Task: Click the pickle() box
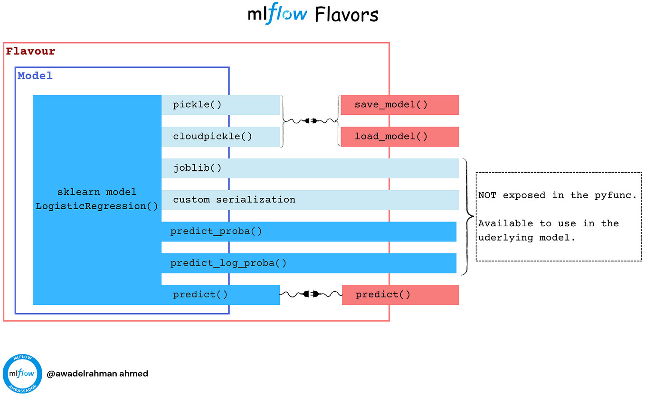[220, 105]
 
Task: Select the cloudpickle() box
[220, 137]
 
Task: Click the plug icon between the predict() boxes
[311, 295]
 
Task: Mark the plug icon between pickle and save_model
[311, 121]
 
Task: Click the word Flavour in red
[30, 51]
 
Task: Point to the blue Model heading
[35, 76]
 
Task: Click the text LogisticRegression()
[97, 206]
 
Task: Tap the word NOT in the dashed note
[487, 195]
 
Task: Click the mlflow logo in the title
[277, 14]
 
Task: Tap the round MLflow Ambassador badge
[22, 374]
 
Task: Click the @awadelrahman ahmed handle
[97, 374]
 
